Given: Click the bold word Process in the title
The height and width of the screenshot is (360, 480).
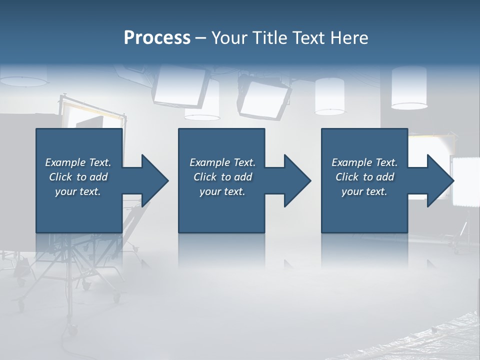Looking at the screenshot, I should point(157,38).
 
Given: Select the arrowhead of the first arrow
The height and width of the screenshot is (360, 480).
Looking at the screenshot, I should point(155,180).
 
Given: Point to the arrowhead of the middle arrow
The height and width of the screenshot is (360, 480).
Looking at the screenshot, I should point(298,180).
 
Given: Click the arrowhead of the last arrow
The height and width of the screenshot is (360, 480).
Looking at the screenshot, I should point(440,180).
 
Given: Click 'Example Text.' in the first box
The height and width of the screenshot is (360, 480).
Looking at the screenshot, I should point(78,162).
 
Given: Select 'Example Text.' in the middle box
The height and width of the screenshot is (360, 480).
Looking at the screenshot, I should point(222,162).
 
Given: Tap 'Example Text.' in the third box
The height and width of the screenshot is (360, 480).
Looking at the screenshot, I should point(364,162).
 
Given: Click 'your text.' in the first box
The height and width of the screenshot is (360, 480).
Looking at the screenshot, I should point(78,191).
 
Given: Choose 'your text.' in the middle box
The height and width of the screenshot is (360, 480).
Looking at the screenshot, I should point(222,191).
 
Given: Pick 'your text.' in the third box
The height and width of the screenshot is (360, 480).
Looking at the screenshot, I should point(364,191).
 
